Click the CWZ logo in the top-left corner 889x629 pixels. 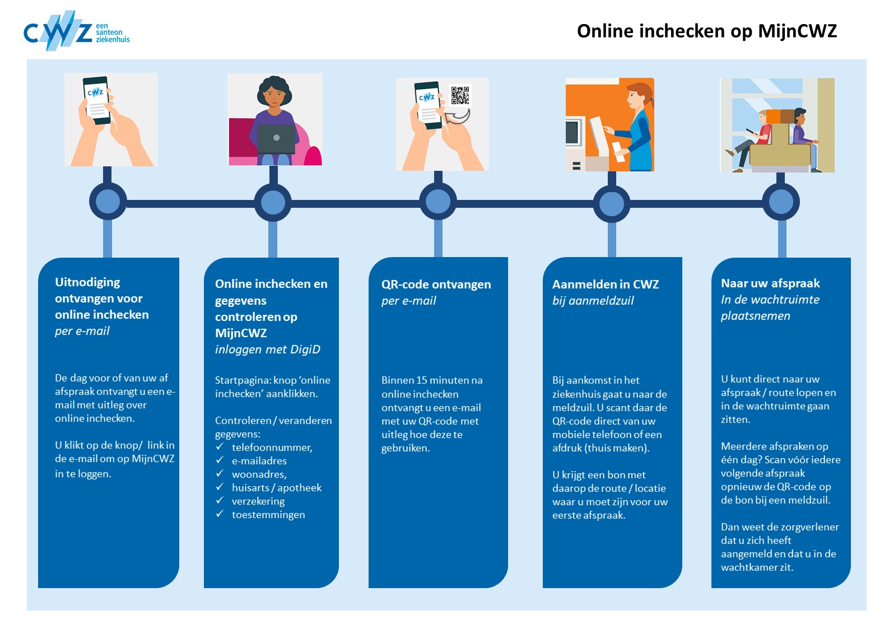[76, 31]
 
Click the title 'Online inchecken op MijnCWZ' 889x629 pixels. [706, 31]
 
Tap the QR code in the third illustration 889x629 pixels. [460, 95]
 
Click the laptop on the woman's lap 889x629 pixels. [276, 139]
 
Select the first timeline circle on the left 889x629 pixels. [108, 202]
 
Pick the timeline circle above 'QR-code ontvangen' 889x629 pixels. [438, 202]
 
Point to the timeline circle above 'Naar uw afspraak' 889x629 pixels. [781, 202]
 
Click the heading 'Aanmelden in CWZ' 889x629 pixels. [605, 285]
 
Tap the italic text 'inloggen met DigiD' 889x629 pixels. [267, 350]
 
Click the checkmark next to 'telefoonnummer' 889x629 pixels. [220, 447]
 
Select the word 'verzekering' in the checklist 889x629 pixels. [258, 501]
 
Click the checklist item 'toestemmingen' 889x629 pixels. [268, 515]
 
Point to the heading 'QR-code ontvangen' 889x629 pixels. [436, 285]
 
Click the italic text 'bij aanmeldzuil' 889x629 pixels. [593, 301]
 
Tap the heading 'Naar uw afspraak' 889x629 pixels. [770, 283]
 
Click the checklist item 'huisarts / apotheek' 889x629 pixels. [277, 488]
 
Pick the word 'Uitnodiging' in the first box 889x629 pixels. [87, 282]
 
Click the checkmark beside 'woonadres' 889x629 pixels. [220, 474]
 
